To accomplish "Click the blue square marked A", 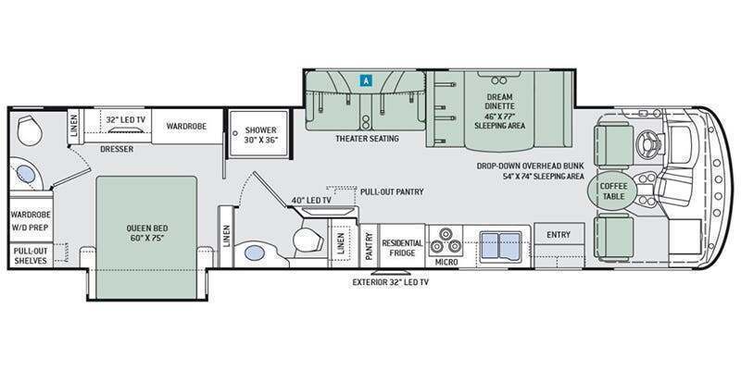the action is (x=365, y=80).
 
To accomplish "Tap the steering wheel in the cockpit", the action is (x=646, y=143).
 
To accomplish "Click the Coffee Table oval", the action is (x=613, y=191).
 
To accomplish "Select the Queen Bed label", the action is (x=147, y=233).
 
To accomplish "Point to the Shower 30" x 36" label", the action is (x=260, y=135).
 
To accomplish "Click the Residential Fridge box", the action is (x=402, y=246).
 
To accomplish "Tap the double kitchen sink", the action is (x=501, y=245).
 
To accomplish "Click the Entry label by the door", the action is (x=559, y=235).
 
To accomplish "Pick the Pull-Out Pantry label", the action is (x=392, y=192).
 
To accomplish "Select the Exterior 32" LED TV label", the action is (x=390, y=283).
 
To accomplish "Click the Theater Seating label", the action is (x=367, y=139).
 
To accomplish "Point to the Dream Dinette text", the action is (x=499, y=102).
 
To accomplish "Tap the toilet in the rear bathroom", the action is (x=30, y=131).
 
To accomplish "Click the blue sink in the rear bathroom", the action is (x=26, y=175).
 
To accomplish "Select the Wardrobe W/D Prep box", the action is (x=31, y=219).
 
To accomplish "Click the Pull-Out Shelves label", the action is (x=31, y=255).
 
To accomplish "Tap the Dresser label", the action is (x=117, y=149).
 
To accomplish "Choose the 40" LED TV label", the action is (x=311, y=200).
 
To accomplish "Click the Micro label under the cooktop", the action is (x=446, y=263).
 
